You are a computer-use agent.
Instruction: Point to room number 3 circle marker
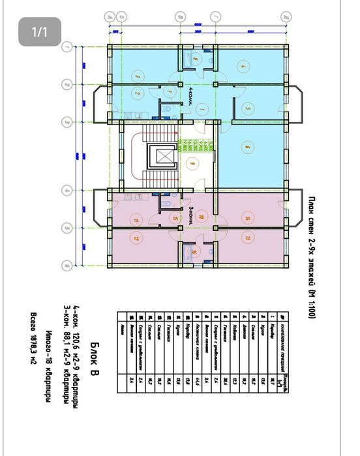coord(138,75)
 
